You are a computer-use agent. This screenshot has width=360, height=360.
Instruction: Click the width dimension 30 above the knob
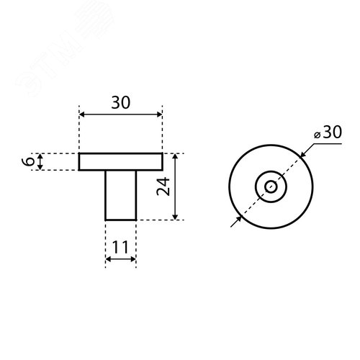tap(120, 103)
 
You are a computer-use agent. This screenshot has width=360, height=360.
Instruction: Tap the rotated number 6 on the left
tap(28, 162)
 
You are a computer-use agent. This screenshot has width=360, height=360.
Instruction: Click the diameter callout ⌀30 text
tap(327, 133)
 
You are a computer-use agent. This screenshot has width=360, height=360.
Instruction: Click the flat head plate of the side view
tap(121, 162)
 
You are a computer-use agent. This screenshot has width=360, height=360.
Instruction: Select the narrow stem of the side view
tap(121, 194)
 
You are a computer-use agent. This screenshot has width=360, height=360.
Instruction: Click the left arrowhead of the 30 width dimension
tap(82, 115)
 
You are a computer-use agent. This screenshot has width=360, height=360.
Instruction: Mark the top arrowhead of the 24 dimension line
tap(176, 157)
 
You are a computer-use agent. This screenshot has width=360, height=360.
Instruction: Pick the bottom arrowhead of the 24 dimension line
tap(176, 216)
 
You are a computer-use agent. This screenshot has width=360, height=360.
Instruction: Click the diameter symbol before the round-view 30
tap(318, 134)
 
